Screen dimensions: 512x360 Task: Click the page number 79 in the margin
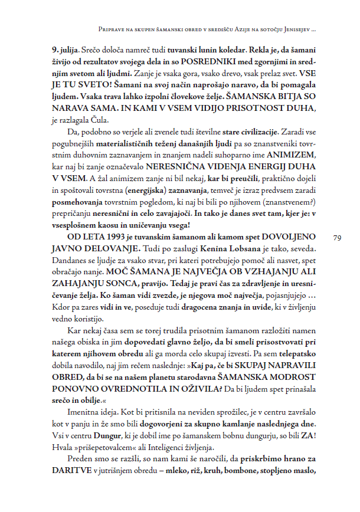click(337, 238)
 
